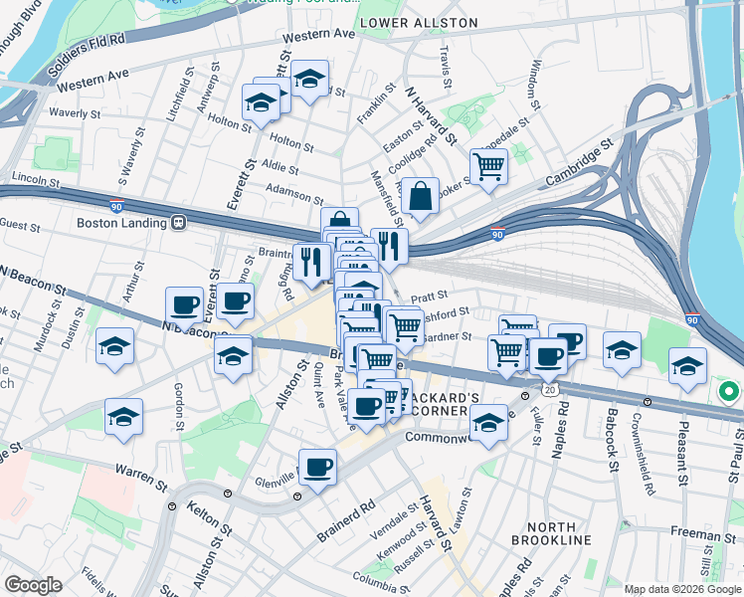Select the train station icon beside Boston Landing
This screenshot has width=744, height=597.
(x=179, y=223)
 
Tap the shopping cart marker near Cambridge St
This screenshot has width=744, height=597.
(x=488, y=167)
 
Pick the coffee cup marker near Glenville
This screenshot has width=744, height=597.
(x=317, y=468)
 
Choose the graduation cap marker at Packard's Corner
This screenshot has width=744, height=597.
(x=488, y=424)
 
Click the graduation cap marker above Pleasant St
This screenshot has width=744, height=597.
(x=687, y=366)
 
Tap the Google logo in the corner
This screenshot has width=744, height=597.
(x=33, y=585)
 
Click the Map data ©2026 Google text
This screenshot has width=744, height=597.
(x=683, y=589)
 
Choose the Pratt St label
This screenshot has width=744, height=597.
(x=430, y=296)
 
